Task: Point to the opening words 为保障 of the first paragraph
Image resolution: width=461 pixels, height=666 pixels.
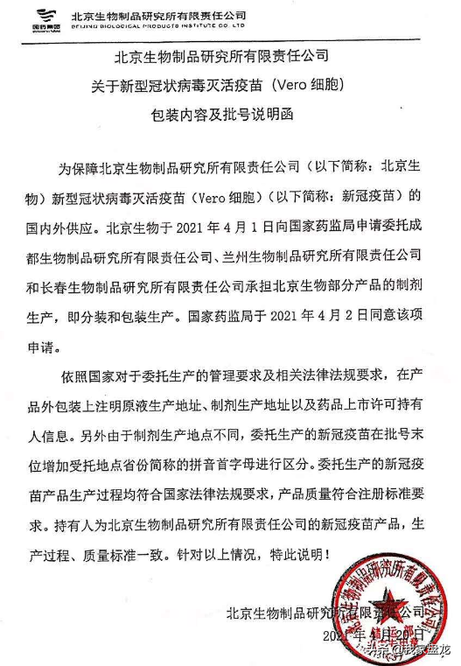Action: pos(76,166)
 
